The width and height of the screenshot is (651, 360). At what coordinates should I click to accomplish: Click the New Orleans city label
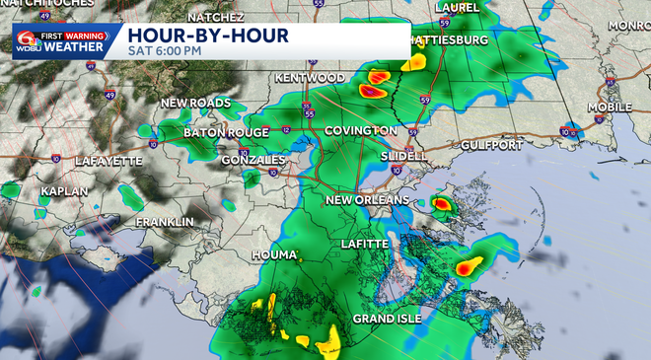(367, 201)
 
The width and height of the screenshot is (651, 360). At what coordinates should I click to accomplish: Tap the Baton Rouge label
(226, 133)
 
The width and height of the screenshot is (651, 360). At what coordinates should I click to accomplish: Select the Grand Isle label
(388, 319)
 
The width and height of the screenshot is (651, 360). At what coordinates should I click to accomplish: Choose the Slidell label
(405, 157)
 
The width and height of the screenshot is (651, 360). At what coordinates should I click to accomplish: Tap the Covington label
(360, 131)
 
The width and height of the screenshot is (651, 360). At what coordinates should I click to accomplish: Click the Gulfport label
(490, 145)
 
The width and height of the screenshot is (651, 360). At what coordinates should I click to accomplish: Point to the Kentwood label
(313, 78)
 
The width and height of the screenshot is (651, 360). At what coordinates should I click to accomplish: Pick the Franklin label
(165, 222)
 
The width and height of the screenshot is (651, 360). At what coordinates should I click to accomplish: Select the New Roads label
(195, 104)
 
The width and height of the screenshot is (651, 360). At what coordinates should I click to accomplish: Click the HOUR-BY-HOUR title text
(207, 36)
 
